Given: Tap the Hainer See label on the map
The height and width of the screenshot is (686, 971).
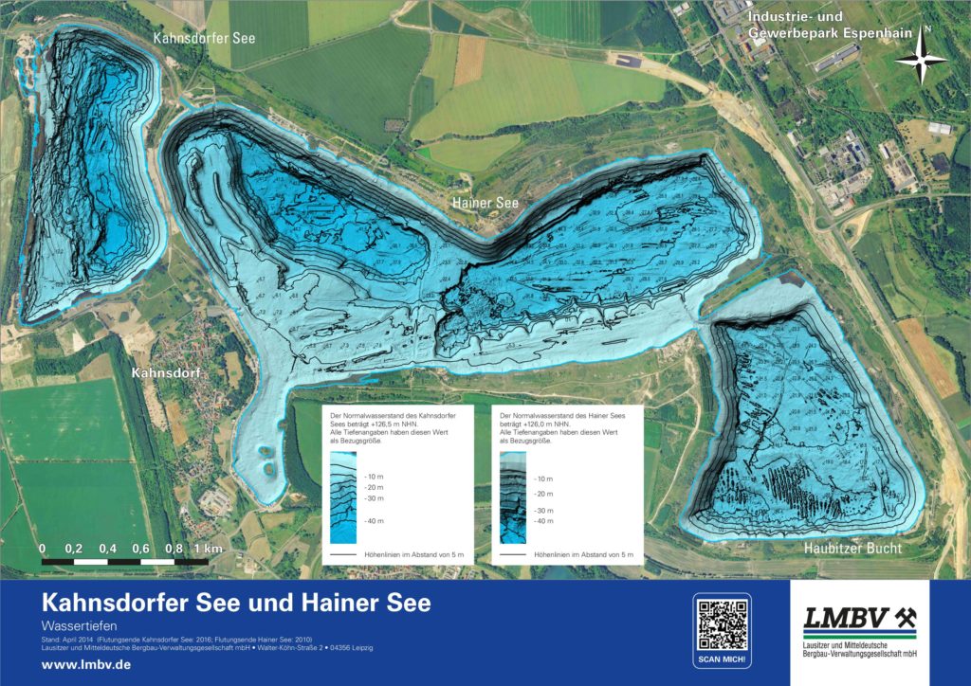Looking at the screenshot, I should (484, 202).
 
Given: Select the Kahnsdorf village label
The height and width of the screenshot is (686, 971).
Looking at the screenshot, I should (166, 372).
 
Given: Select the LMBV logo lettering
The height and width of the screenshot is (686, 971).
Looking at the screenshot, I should (848, 619).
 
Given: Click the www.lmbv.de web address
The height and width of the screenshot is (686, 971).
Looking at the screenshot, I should (86, 664).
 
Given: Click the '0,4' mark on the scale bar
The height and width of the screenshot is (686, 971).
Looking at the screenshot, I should (107, 549).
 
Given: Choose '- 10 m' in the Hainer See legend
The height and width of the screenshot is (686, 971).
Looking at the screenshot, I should (543, 479).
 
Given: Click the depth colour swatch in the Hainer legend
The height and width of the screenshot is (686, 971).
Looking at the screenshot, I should (513, 497).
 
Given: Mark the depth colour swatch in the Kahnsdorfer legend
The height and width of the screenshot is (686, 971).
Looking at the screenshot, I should (342, 496).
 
